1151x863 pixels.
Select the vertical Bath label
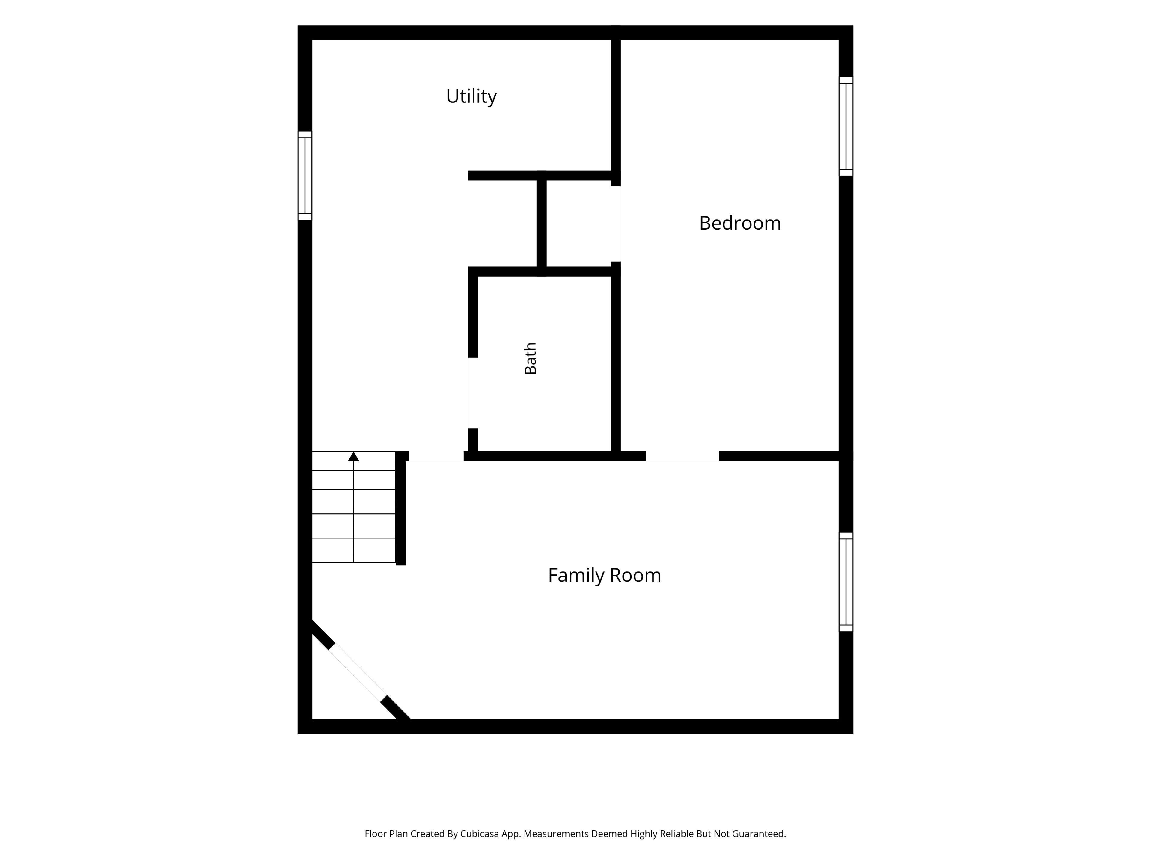[530, 358]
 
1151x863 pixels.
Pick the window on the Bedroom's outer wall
[846, 126]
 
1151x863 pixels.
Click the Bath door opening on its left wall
[473, 393]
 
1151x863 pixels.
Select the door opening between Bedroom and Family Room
[682, 456]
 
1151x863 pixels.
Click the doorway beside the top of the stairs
[436, 456]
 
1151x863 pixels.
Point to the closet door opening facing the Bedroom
[616, 224]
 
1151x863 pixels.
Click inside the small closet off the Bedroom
[578, 224]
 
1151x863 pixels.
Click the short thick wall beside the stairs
[401, 508]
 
